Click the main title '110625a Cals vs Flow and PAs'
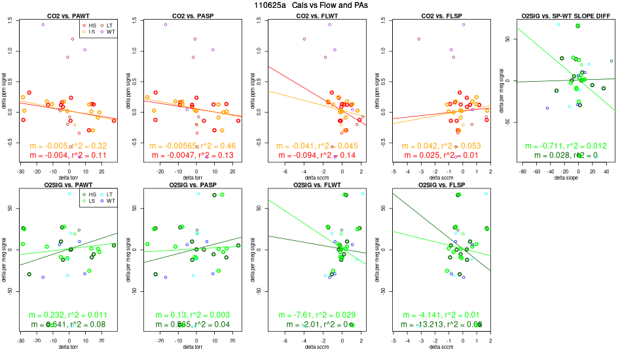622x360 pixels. (310, 5)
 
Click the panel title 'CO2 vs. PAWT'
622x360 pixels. (68, 15)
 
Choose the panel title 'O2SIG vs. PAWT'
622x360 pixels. (68, 185)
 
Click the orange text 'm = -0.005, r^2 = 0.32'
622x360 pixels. (68, 146)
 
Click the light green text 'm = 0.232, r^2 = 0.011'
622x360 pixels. (68, 315)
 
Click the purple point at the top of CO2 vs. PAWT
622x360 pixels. (43, 24)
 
